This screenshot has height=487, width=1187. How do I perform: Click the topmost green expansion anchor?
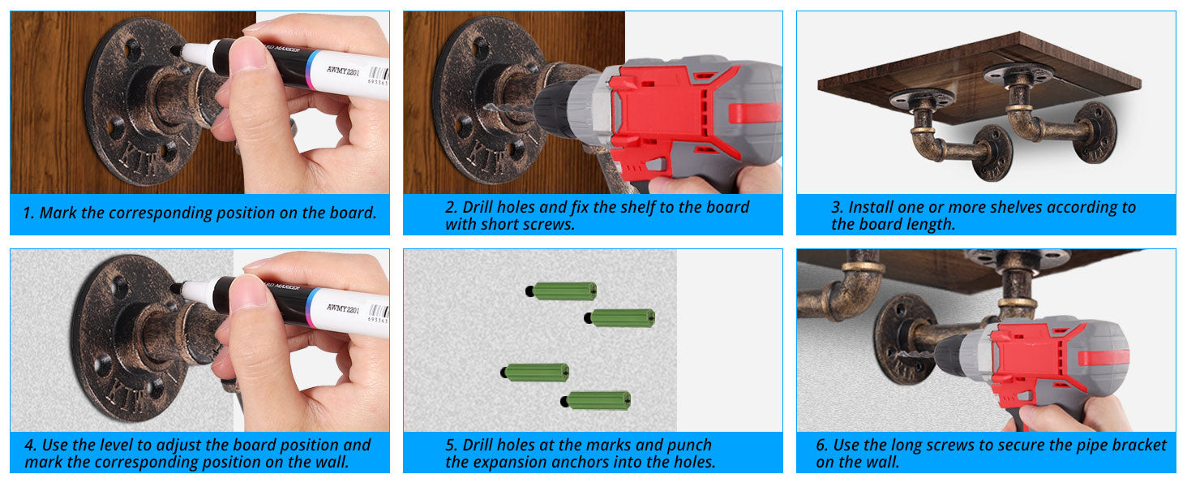(x=563, y=291)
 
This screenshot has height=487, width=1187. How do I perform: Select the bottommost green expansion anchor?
(x=597, y=400)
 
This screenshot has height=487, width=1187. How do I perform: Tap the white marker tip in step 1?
(x=193, y=54)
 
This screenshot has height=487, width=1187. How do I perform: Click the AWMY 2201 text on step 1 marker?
(x=343, y=71)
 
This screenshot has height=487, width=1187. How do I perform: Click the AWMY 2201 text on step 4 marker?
(x=343, y=308)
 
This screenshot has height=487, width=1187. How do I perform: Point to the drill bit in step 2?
(x=504, y=109)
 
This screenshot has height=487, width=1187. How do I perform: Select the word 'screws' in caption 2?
(x=548, y=224)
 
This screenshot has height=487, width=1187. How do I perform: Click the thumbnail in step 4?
(x=250, y=292)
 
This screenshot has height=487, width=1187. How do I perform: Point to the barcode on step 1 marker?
(x=379, y=74)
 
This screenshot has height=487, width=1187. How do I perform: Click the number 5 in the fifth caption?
(x=451, y=445)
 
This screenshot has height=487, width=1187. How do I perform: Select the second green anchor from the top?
(x=620, y=318)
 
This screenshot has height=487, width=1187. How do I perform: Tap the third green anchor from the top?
(x=536, y=373)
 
